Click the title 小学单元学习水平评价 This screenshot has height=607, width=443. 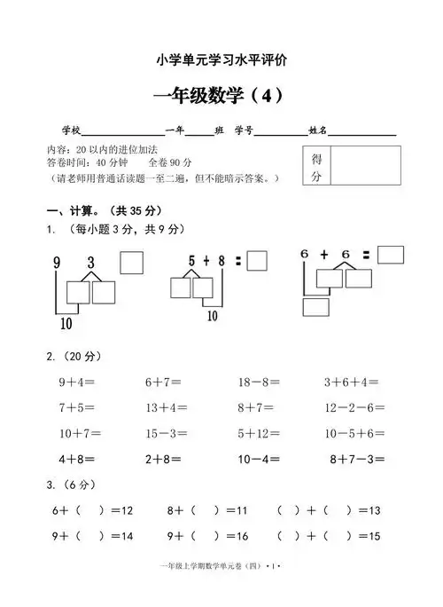221,59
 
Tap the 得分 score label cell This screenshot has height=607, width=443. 316,168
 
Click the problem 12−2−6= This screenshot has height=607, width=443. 354,408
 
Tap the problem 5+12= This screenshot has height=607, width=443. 259,434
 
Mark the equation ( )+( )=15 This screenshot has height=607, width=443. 329,537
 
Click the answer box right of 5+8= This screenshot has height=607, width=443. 257,261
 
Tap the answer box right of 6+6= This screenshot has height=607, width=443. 390,255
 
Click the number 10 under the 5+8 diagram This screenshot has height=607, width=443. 213,315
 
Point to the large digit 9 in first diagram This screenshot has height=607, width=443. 57,264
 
